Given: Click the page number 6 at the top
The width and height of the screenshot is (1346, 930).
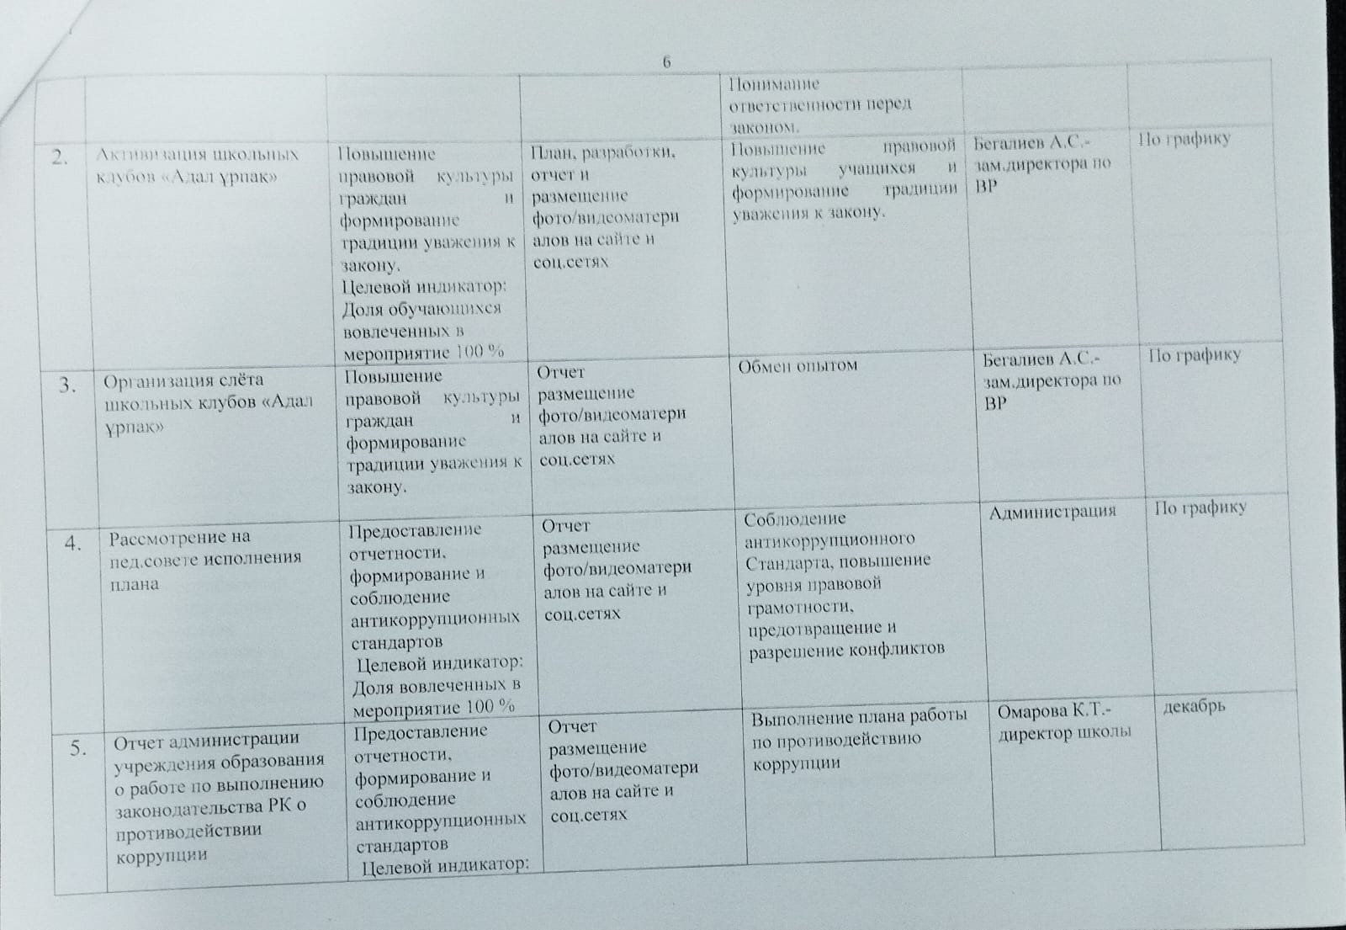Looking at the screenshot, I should click(667, 62).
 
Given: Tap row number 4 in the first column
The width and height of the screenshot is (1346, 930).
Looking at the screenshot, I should click(73, 543).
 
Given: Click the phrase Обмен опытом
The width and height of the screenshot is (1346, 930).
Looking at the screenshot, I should click(798, 366).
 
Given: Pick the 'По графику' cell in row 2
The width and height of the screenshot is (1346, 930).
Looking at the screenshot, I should click(1184, 139).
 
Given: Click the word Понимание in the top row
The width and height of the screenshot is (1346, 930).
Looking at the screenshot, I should click(774, 84).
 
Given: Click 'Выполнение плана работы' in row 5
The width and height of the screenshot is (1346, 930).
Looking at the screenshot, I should click(859, 718).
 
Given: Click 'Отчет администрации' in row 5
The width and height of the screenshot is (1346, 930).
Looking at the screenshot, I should click(207, 740).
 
